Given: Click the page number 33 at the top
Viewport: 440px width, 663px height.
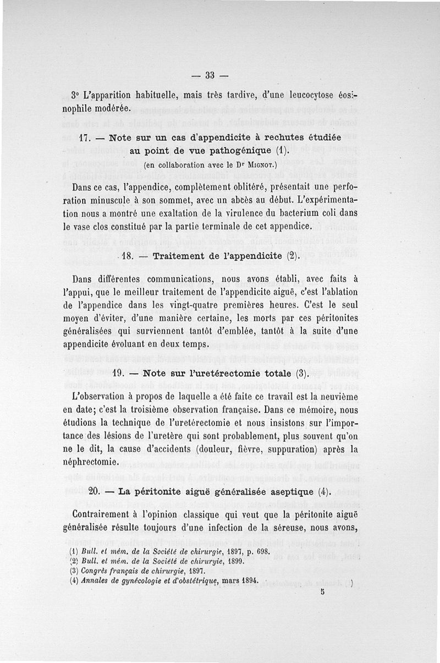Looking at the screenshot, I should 208,75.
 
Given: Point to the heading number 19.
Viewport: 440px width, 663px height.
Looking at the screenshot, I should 119,373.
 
